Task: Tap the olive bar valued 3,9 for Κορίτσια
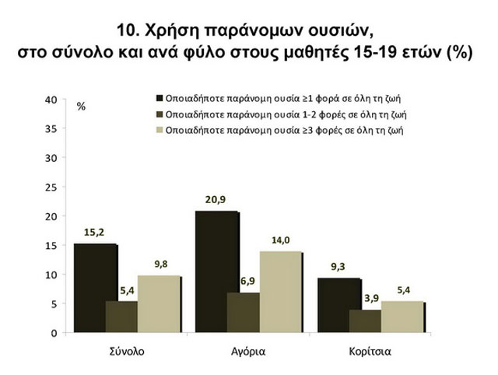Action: click(366, 321)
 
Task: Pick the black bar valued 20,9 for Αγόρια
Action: click(216, 272)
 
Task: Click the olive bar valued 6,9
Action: click(244, 312)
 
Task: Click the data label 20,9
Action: click(216, 199)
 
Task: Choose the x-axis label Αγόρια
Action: click(248, 351)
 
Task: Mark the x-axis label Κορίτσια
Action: click(370, 351)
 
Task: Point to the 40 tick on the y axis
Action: click(51, 100)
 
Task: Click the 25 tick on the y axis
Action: click(51, 187)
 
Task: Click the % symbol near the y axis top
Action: click(81, 107)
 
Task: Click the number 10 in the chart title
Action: click(127, 31)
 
